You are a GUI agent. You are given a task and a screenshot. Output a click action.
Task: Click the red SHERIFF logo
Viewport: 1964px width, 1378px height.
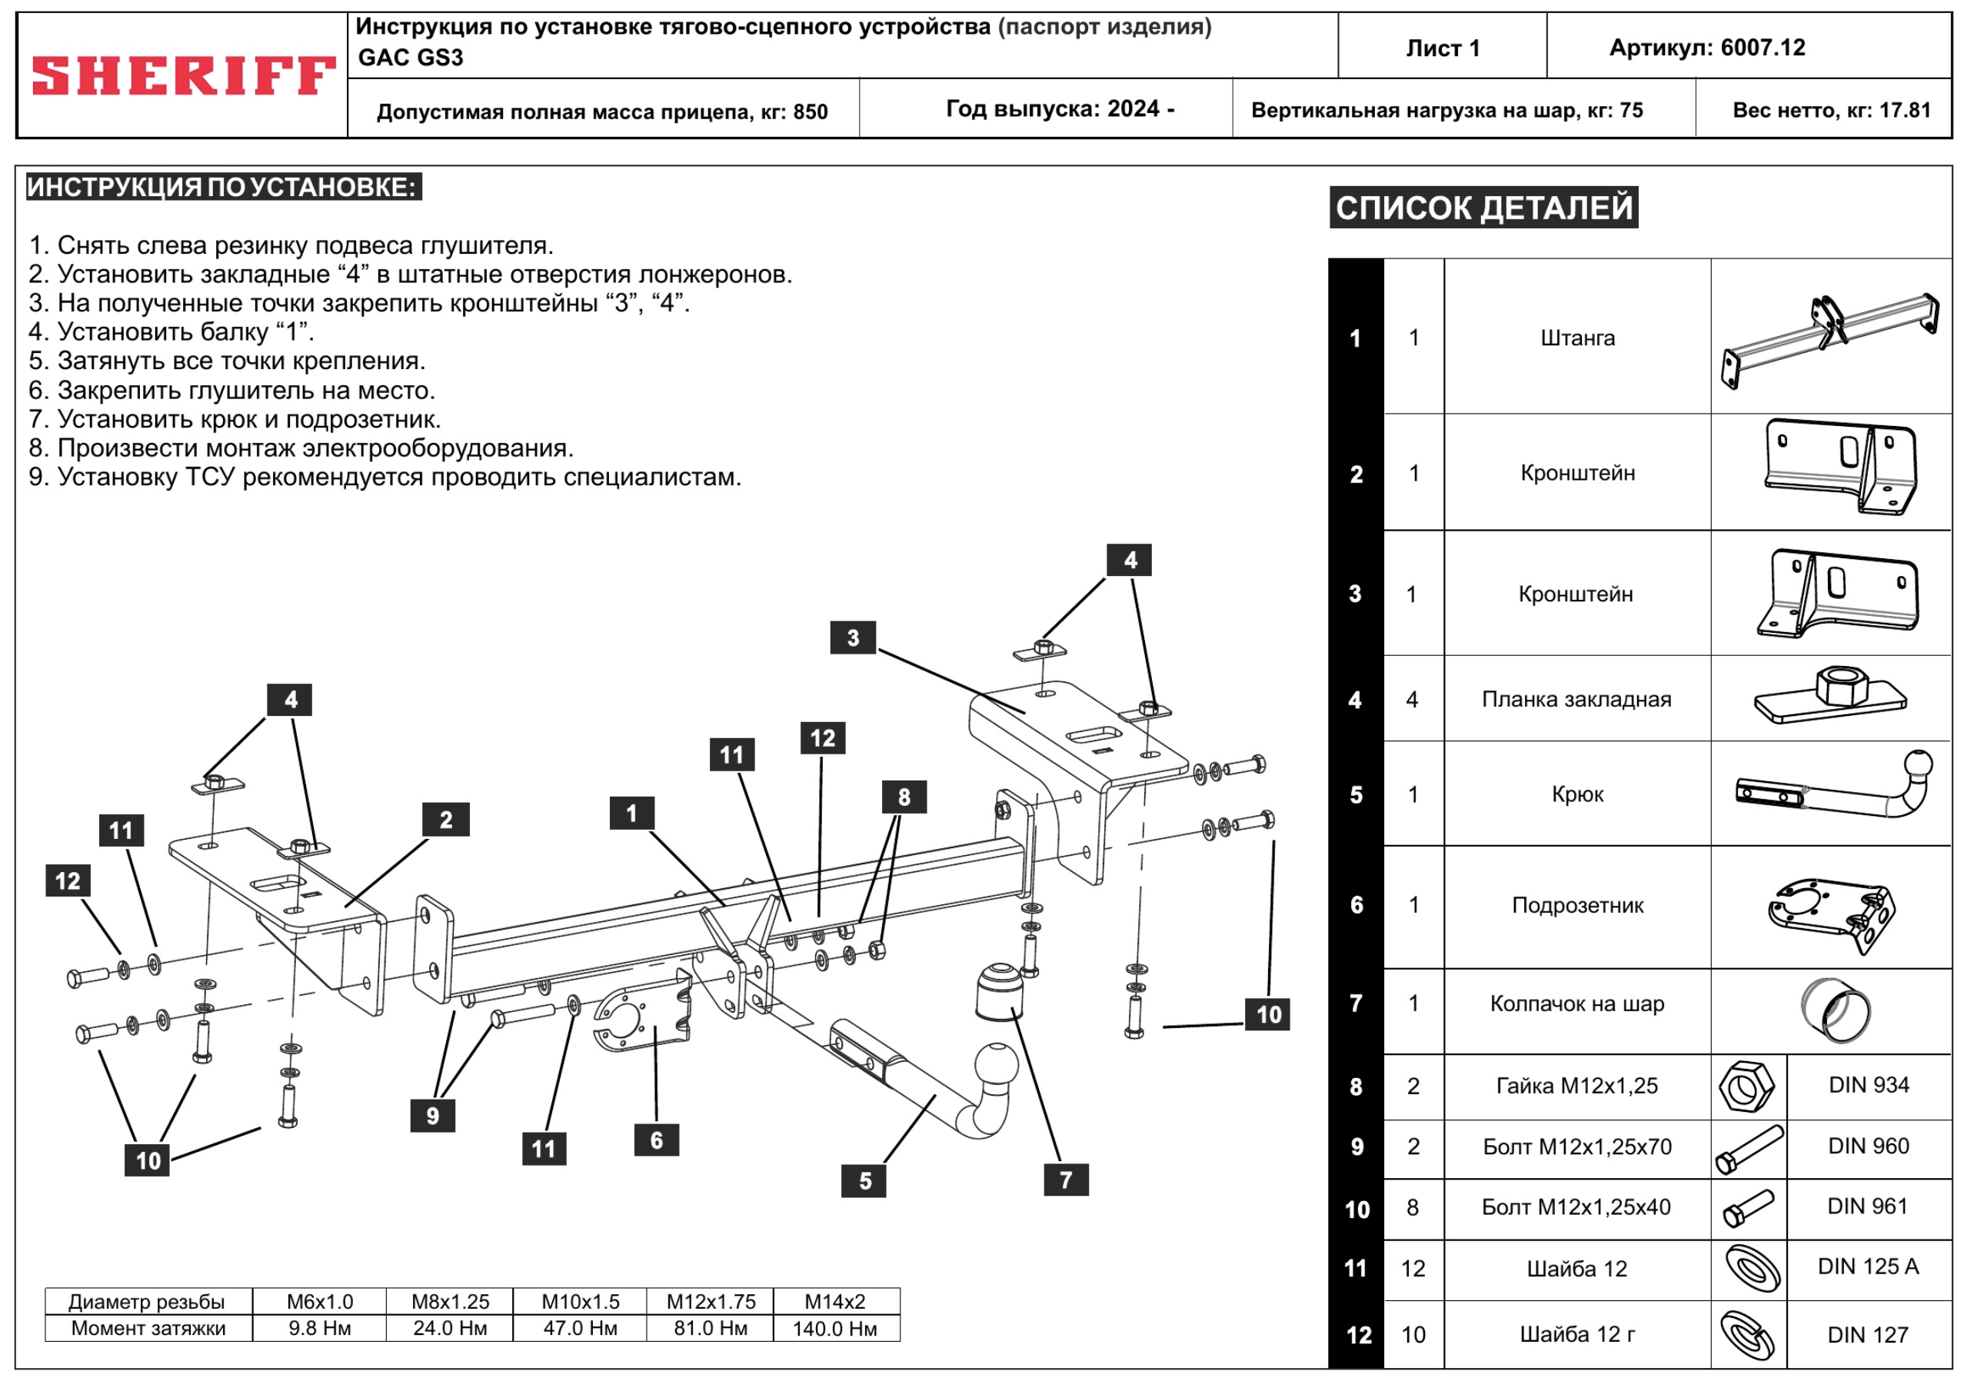pyautogui.click(x=183, y=75)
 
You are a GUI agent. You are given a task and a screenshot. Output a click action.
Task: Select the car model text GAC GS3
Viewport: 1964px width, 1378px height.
pyautogui.click(x=411, y=58)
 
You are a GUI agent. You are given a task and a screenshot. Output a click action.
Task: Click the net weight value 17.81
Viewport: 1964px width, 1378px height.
pyautogui.click(x=1905, y=110)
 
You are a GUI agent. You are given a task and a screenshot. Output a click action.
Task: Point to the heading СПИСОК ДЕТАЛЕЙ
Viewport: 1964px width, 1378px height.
pyautogui.click(x=1483, y=208)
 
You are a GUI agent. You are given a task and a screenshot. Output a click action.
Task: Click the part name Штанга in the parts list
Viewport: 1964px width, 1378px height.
pyautogui.click(x=1577, y=338)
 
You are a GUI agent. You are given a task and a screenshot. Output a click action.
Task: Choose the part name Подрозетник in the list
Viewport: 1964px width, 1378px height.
pyautogui.click(x=1577, y=905)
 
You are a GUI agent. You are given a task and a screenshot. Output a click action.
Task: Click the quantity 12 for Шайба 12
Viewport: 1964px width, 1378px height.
pyautogui.click(x=1413, y=1269)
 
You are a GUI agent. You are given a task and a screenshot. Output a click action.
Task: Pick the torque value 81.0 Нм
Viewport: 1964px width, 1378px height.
pyautogui.click(x=710, y=1328)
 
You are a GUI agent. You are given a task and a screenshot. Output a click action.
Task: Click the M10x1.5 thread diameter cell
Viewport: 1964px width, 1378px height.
pyautogui.click(x=580, y=1302)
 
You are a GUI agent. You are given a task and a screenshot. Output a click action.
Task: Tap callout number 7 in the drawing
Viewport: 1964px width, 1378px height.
pyautogui.click(x=1066, y=1180)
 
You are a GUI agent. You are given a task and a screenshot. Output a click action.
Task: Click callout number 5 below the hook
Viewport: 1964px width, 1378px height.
pyautogui.click(x=865, y=1180)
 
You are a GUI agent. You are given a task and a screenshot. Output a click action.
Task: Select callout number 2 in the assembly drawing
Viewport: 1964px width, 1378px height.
pyautogui.click(x=446, y=820)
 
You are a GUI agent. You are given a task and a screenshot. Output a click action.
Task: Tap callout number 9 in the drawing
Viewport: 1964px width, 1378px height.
pyautogui.click(x=433, y=1116)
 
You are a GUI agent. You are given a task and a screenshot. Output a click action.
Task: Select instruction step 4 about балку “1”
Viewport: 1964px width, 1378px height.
pyautogui.click(x=171, y=332)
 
